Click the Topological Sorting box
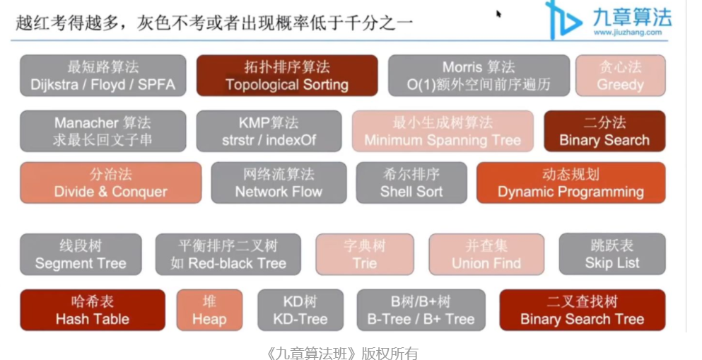[x=287, y=76]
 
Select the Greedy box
[x=620, y=76]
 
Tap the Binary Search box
[x=604, y=131]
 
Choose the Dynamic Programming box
[x=571, y=182]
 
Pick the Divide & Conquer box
[x=110, y=182]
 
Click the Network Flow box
[x=279, y=182]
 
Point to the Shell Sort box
[x=411, y=182]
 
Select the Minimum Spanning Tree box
[x=443, y=131]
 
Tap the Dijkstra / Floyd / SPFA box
[x=103, y=76]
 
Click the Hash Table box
[x=93, y=310]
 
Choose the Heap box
[x=209, y=310]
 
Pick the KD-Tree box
[x=300, y=310]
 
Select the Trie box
[x=365, y=255]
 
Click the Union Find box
[x=486, y=255]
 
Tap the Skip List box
[x=612, y=255]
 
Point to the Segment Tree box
[x=81, y=255]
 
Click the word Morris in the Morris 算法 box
[x=463, y=67]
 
